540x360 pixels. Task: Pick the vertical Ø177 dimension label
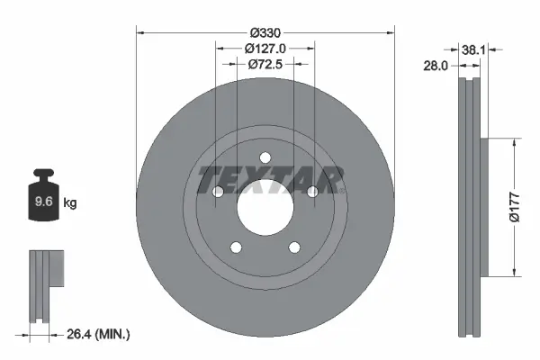(x=513, y=207)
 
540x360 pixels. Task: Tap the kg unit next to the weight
(x=70, y=203)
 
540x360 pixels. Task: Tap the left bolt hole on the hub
(x=217, y=192)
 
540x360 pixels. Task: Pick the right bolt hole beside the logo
(x=312, y=192)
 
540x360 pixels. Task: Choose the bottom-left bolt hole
(x=235, y=248)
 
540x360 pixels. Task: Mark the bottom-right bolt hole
(x=294, y=248)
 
